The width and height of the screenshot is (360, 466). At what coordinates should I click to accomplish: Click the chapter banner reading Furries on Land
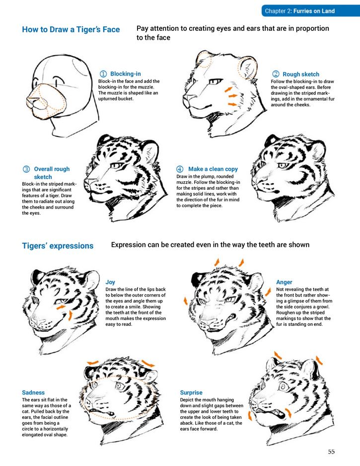tap(310, 11)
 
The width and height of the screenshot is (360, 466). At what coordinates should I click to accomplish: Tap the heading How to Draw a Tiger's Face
tap(71, 29)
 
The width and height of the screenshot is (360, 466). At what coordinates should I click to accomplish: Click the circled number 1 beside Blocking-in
tap(103, 74)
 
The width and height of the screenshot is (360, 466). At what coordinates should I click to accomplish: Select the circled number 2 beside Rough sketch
tap(276, 74)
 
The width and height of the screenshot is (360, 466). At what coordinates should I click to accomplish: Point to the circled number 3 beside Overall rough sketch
tap(26, 169)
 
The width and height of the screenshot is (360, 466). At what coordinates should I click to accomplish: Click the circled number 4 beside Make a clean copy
tap(180, 169)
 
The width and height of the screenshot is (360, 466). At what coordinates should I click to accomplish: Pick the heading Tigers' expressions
tap(58, 246)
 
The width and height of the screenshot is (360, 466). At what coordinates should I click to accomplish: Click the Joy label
tap(110, 282)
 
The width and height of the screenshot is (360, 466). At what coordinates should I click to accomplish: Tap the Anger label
tap(284, 282)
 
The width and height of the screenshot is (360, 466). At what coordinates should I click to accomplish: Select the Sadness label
tap(33, 392)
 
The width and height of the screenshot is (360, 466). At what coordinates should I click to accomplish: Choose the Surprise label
tap(191, 392)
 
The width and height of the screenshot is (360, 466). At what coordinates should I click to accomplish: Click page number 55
tap(331, 452)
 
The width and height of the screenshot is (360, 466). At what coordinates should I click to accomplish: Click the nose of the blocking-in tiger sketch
tap(32, 100)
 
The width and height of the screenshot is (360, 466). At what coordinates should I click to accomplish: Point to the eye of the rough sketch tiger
tap(215, 81)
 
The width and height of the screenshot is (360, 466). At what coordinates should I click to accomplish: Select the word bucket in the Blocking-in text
tap(126, 99)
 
